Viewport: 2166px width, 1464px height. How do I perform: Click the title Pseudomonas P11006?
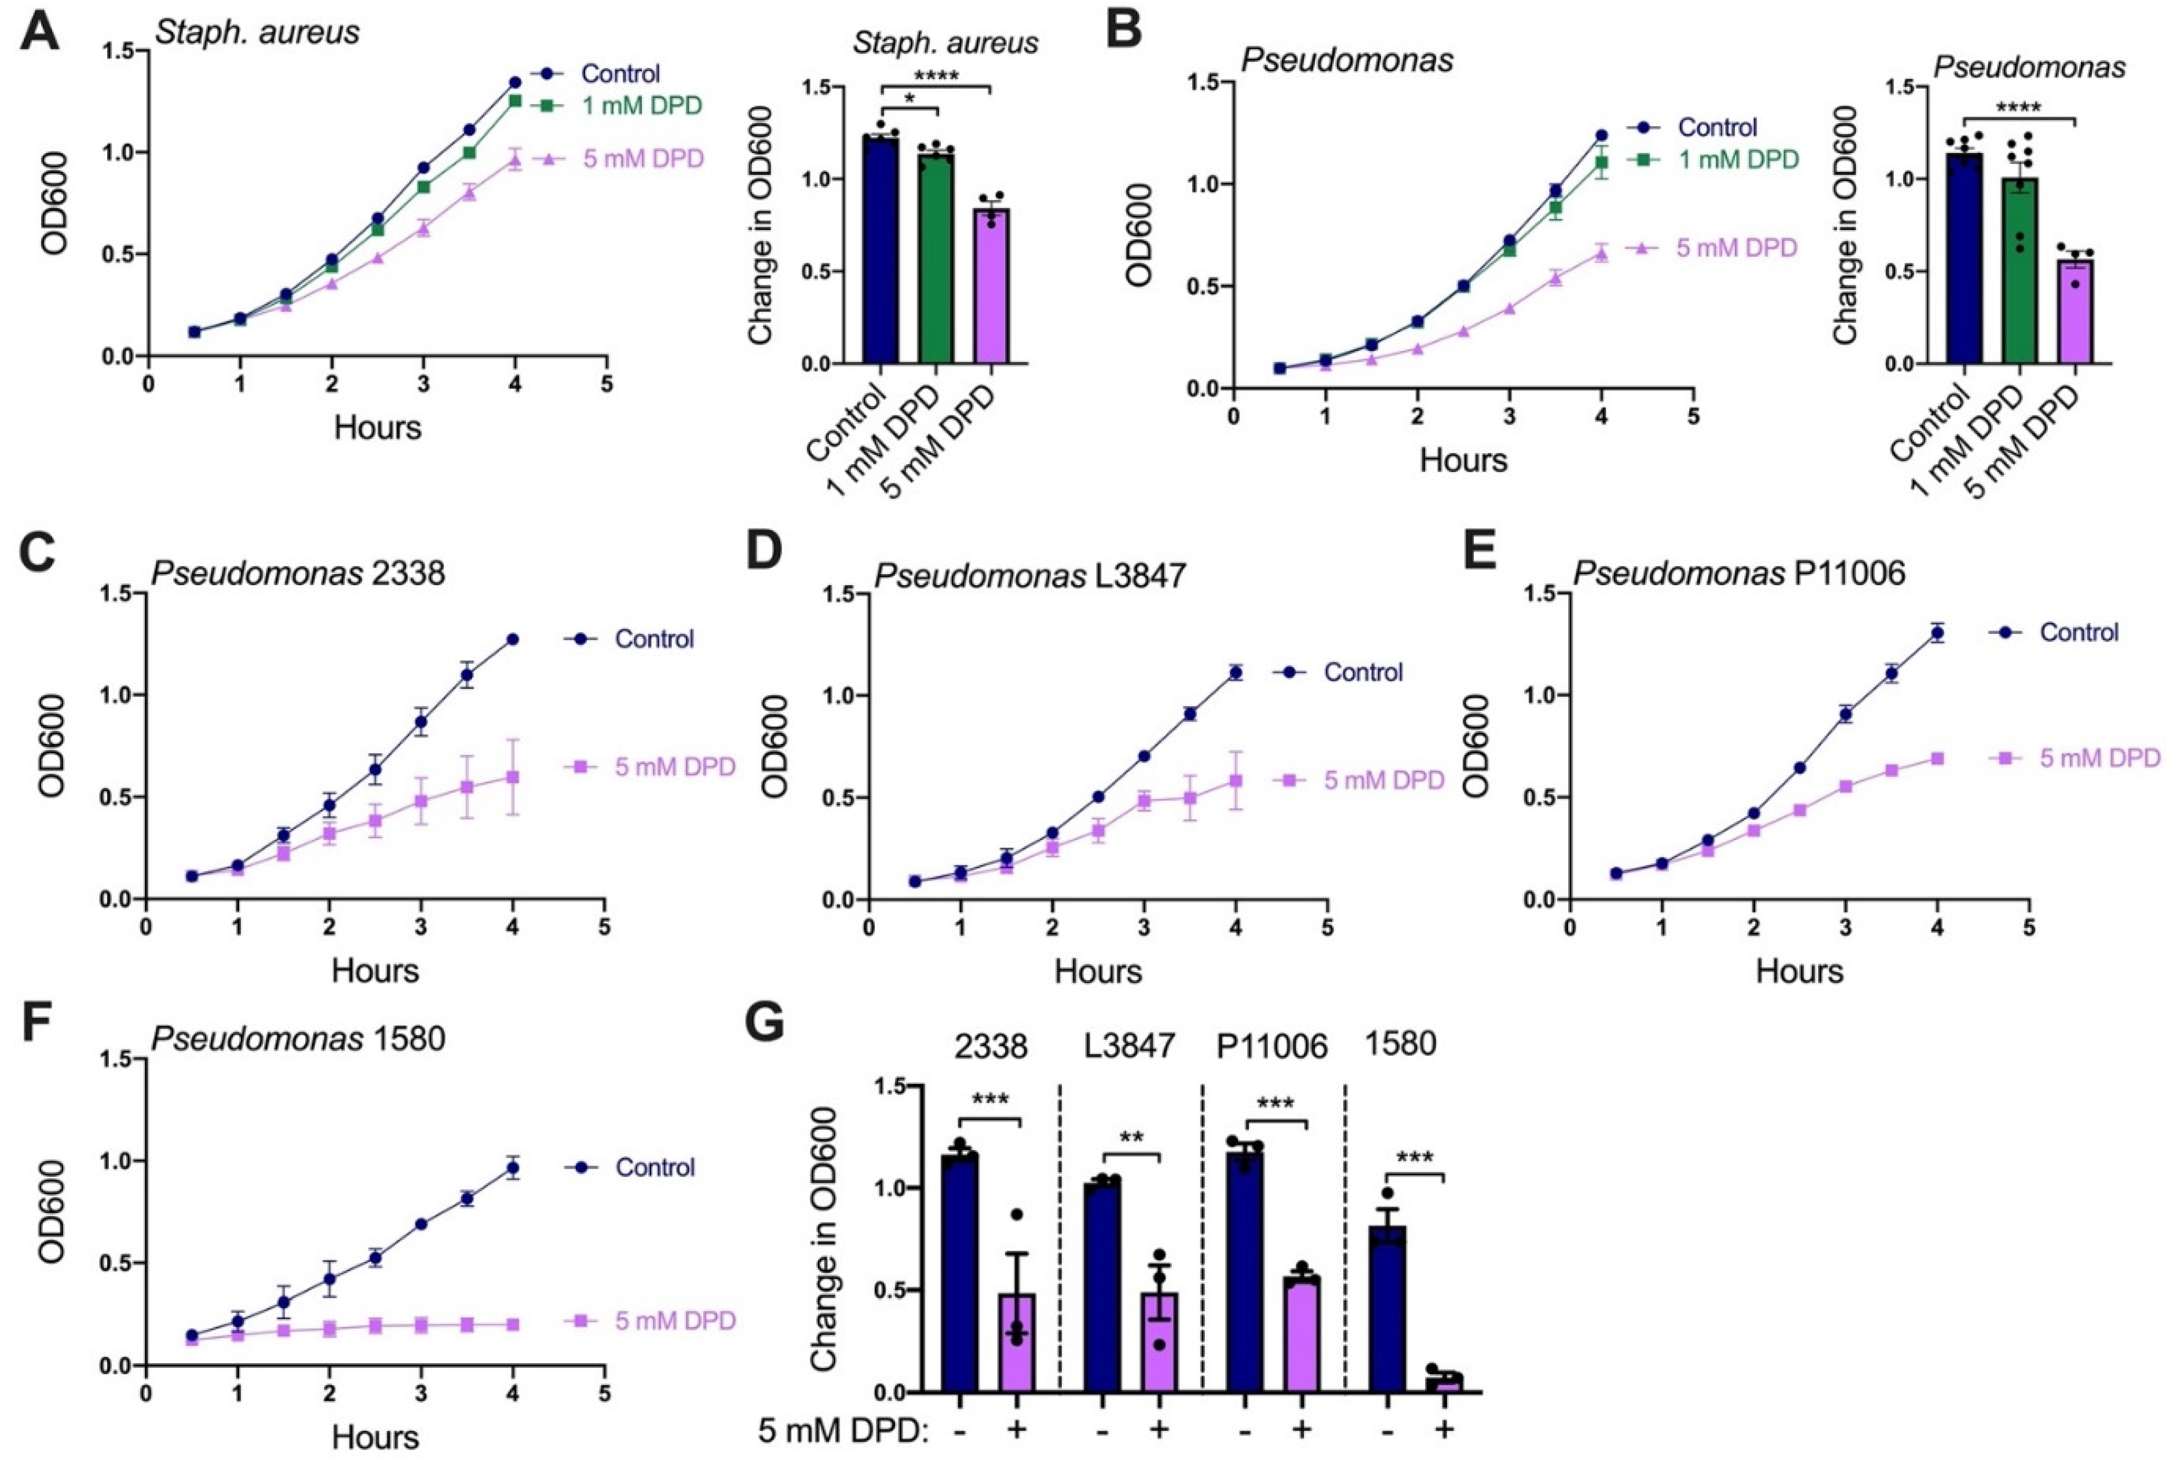[x=1739, y=573]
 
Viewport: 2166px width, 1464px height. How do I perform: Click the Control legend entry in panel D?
[x=1338, y=672]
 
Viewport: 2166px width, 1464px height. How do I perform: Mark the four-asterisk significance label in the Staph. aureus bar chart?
[x=936, y=75]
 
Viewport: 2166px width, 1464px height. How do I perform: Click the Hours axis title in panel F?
[x=375, y=1436]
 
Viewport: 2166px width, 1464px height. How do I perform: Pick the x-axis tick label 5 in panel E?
[x=2029, y=927]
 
